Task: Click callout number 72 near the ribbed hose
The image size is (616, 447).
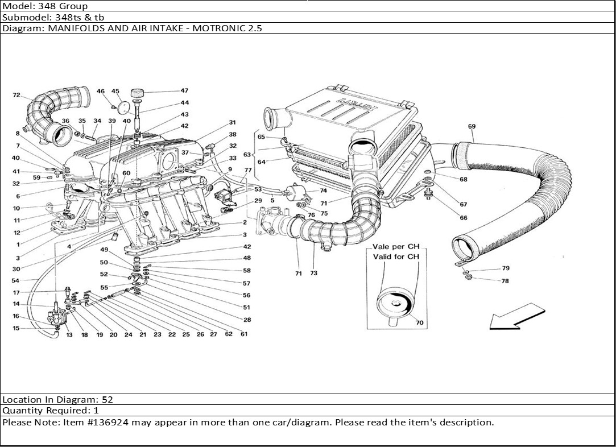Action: tap(16, 95)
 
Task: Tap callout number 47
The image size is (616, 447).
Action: tap(185, 90)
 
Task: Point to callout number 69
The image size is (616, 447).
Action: tap(472, 126)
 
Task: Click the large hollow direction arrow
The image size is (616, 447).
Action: tap(517, 317)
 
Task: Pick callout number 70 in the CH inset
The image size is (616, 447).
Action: tap(420, 322)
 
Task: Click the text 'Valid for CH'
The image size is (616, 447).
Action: tap(396, 256)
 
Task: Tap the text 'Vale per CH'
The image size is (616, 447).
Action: tap(396, 247)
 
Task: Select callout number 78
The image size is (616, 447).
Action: tap(505, 281)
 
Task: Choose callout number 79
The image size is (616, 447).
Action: tap(506, 268)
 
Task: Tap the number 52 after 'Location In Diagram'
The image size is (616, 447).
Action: tap(108, 400)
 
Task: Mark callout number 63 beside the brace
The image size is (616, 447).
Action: tap(247, 155)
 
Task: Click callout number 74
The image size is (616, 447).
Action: tap(323, 191)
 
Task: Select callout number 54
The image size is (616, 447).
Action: tap(15, 280)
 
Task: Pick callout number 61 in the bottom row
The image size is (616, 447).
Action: tap(244, 334)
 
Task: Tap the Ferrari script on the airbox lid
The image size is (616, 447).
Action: tap(358, 103)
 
